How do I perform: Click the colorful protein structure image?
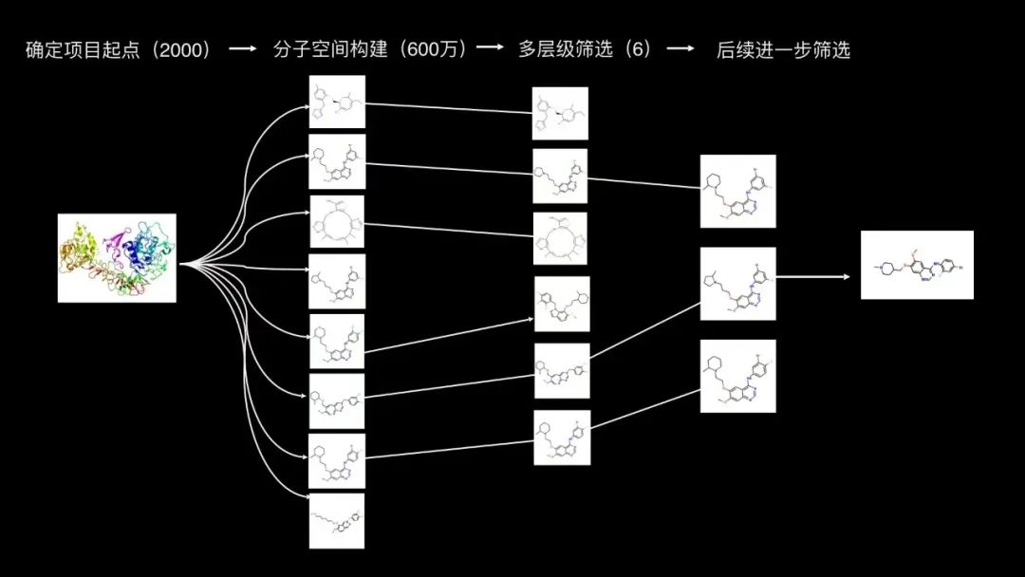[117, 258]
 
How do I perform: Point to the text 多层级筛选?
[561, 49]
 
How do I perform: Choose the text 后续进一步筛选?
[783, 49]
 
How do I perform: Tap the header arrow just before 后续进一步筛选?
[680, 49]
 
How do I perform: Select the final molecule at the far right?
[917, 265]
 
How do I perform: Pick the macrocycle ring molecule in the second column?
[337, 222]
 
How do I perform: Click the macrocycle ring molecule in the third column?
[560, 239]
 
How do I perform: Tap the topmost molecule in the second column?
[337, 102]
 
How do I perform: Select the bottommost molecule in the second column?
[337, 520]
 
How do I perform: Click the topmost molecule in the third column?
[560, 114]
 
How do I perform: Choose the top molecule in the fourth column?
[737, 191]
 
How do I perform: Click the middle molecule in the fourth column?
[737, 283]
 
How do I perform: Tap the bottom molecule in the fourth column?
[737, 376]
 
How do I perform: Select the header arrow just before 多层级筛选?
[490, 49]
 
